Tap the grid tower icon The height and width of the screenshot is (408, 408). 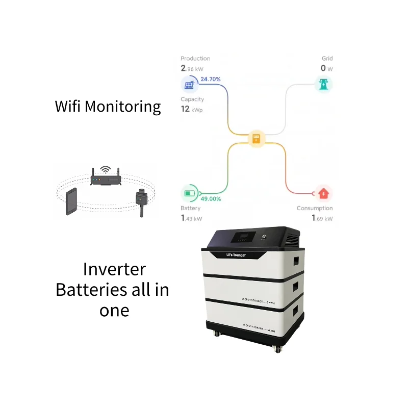[323, 84]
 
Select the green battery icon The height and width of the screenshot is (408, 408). [189, 194]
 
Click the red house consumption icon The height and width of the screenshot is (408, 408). [323, 194]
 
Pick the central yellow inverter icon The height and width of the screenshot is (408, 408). [257, 139]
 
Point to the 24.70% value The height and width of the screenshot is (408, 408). [210, 80]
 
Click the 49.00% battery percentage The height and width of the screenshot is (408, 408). [211, 199]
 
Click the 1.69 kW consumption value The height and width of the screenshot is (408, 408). [322, 218]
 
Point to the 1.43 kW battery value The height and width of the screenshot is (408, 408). [191, 218]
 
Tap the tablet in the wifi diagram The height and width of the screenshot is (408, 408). [71, 202]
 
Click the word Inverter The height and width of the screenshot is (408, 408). [114, 269]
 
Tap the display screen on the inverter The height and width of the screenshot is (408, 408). [239, 238]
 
